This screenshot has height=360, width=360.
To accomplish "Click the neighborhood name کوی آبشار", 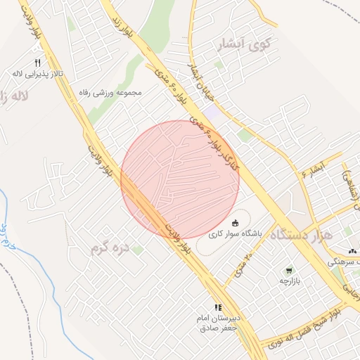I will click(x=250, y=44).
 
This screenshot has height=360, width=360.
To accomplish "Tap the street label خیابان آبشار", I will click(x=198, y=78).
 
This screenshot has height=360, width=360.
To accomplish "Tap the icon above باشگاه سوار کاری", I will click(x=235, y=222).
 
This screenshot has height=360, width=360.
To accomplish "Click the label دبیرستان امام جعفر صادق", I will click(x=219, y=323).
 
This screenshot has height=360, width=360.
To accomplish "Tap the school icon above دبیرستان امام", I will click(x=218, y=307).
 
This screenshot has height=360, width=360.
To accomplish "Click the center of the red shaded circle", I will click(x=180, y=179).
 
